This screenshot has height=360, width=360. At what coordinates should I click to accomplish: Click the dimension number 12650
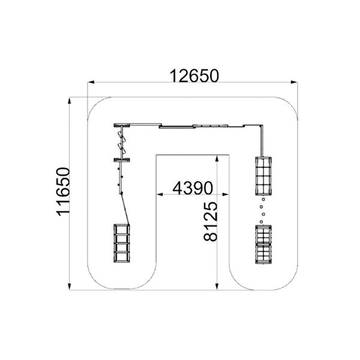194,76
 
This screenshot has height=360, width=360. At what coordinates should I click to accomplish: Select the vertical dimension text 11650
63,192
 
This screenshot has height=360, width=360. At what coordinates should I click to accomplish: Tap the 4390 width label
193,188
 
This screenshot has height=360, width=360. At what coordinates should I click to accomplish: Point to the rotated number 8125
211,221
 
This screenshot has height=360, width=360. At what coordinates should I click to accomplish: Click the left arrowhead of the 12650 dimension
91,82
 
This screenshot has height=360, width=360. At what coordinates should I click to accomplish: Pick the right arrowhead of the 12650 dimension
295,82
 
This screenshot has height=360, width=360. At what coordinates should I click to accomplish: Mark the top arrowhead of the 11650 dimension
70,101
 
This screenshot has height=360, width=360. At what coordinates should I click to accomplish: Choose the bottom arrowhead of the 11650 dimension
70,286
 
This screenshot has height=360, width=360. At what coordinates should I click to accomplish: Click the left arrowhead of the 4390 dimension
160,194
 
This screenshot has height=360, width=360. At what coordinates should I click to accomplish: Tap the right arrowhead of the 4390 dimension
226,194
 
